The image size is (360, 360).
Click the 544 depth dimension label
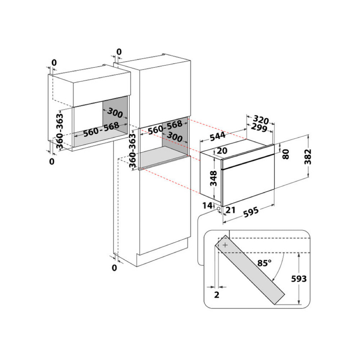pos(217,136)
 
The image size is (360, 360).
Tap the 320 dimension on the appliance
pos(261,120)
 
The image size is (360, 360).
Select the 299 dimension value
pos(259,127)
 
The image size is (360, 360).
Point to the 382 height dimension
pos(308,157)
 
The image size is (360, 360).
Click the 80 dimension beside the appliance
pos(285,154)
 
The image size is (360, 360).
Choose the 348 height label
pos(213,178)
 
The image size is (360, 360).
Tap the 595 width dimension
pos(251,212)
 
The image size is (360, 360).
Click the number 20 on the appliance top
pos(222,151)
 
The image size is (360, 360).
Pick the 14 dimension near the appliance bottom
pos(207,205)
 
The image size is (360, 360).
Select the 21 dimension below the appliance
pos(230,210)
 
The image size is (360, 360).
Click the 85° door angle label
pos(264,263)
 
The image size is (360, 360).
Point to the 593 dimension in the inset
pos(299,279)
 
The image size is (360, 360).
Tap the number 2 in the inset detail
pos(216,295)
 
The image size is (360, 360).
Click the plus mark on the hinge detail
pos(225,245)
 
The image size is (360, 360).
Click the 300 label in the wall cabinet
pos(115,113)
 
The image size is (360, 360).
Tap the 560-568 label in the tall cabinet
pos(165,128)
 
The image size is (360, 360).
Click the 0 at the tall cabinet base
pos(114,268)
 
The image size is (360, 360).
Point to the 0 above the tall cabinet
pos(119,52)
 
